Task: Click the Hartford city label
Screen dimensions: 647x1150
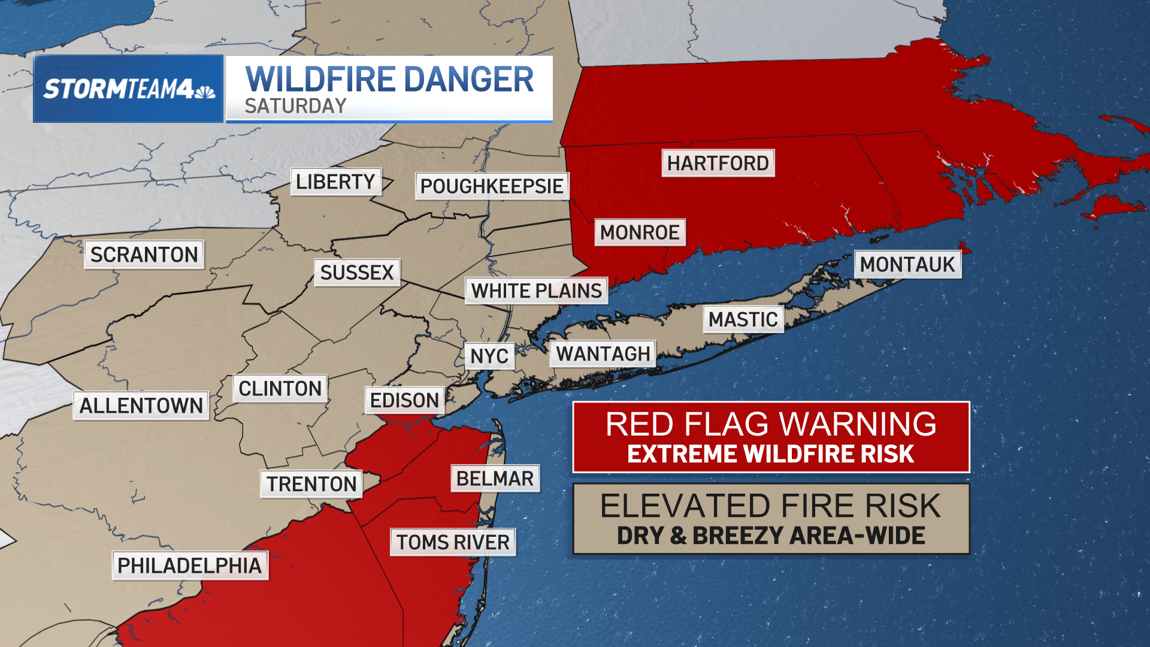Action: (718, 163)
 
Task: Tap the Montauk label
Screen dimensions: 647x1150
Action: (907, 264)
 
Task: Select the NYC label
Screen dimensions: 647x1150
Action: (489, 356)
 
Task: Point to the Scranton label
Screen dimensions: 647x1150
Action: (144, 255)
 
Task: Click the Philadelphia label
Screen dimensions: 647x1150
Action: (190, 566)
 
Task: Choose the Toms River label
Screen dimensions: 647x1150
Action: (453, 542)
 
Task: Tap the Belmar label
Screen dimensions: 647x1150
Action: (495, 479)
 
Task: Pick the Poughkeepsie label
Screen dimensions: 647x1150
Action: (492, 186)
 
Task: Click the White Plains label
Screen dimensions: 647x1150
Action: (536, 291)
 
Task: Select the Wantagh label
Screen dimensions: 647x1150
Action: (603, 354)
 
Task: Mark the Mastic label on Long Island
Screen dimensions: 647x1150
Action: (743, 320)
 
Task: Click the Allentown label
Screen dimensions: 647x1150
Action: (141, 406)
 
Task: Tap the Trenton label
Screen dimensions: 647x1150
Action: (311, 484)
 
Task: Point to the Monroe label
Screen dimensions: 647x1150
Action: (640, 232)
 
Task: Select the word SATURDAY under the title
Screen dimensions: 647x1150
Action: (295, 107)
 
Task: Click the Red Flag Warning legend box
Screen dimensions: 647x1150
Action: (771, 437)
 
